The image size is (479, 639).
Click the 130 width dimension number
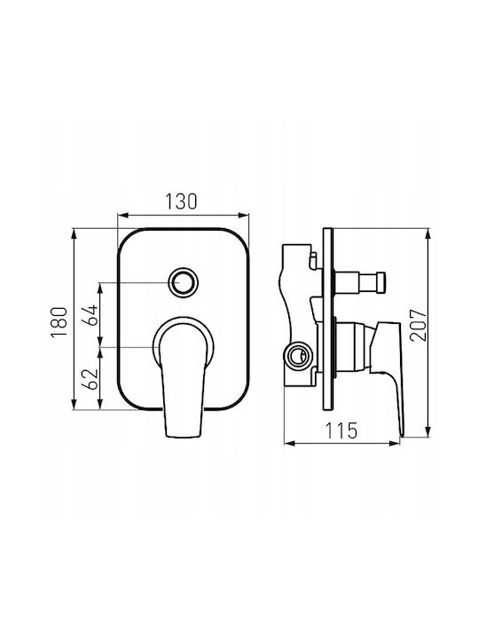(x=181, y=201)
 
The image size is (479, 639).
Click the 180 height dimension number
(x=59, y=322)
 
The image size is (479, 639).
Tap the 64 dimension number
(x=90, y=314)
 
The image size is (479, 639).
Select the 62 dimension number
(x=90, y=379)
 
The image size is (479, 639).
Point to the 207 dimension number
(x=419, y=325)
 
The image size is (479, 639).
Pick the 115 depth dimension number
(x=342, y=430)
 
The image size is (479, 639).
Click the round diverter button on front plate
(x=184, y=282)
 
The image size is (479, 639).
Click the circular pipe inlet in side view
(x=299, y=355)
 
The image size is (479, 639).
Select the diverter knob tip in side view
(x=381, y=282)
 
